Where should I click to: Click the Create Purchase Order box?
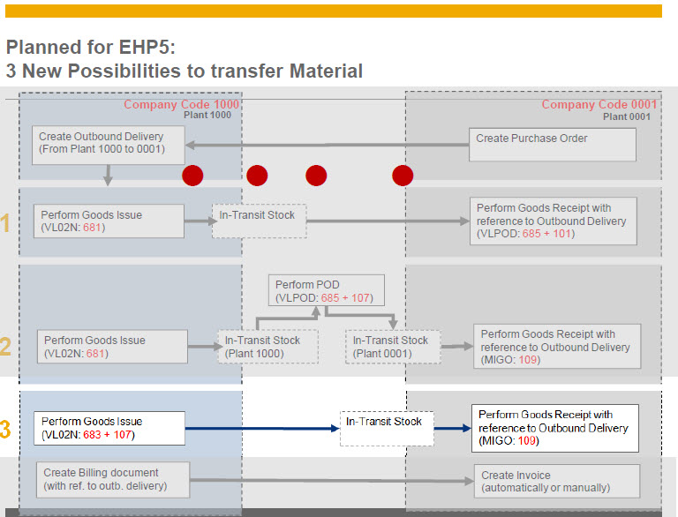click(552, 145)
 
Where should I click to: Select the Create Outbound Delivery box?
click(109, 144)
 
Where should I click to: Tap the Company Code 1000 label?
click(181, 104)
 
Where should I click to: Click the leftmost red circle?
click(192, 175)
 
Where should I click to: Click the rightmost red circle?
click(403, 175)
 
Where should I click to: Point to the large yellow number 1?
click(6, 223)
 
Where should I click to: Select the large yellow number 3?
click(6, 431)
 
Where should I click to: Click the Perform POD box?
click(327, 291)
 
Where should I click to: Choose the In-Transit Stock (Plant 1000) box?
click(267, 347)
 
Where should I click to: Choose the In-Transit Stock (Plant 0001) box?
click(390, 347)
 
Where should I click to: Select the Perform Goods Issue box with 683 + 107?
click(109, 428)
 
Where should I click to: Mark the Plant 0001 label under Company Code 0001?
click(627, 116)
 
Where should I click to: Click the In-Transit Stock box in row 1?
click(258, 221)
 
